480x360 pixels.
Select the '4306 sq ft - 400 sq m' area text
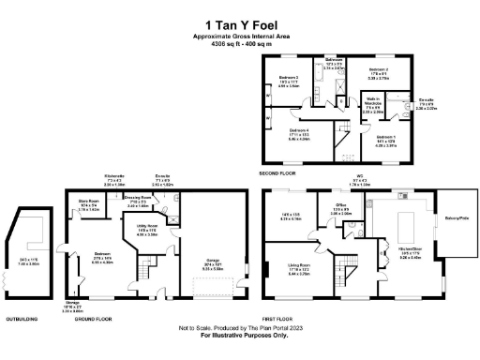coord(239,44)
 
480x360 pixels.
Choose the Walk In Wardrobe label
coord(373,105)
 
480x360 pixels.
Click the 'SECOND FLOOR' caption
coord(282,173)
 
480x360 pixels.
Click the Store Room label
coord(88,208)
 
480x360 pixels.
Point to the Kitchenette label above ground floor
coord(115,180)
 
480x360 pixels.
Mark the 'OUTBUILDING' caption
coord(22,318)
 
